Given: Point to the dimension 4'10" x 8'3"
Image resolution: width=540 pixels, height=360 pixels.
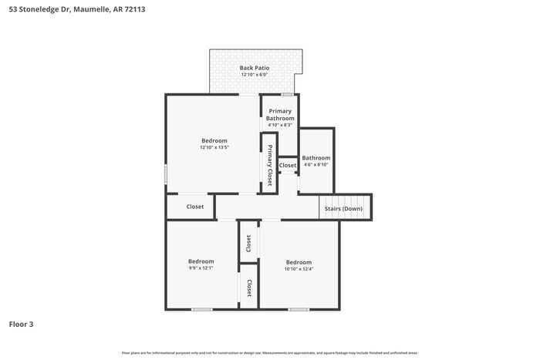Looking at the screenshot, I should [280, 125].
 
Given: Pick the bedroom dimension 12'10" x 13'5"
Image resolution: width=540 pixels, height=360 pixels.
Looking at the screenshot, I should [214, 147].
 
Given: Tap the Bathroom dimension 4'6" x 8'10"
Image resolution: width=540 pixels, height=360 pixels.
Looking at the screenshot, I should [316, 164].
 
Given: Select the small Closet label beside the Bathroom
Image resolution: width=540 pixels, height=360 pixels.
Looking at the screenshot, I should [288, 165].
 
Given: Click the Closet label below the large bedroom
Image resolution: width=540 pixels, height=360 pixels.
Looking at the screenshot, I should [195, 207].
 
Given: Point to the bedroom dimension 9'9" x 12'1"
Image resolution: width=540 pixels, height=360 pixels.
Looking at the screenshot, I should [201, 268].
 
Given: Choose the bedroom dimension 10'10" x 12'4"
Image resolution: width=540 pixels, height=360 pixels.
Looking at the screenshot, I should [299, 268].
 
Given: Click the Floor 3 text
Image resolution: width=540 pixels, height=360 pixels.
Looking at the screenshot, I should [21, 325].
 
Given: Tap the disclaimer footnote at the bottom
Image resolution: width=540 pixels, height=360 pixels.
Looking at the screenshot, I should [270, 352].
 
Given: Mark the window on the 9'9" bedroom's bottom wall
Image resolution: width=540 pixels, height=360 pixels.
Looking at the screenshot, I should [202, 309].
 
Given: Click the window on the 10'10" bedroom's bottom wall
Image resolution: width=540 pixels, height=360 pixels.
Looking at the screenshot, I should [299, 309].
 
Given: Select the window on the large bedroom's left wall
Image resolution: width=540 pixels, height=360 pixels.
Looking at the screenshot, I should [166, 173].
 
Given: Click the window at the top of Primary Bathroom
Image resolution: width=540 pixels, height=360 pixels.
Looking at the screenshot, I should [286, 94].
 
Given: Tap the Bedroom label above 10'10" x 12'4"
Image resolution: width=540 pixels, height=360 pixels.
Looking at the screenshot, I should [299, 261].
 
